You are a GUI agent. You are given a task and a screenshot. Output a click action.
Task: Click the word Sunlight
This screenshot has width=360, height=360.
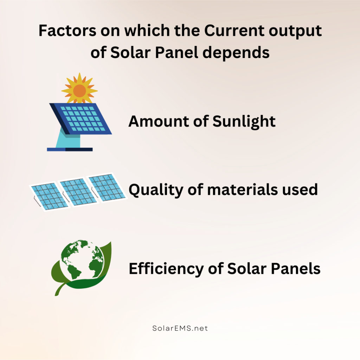[244, 122]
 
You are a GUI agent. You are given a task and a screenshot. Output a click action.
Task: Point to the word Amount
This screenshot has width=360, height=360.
[159, 121]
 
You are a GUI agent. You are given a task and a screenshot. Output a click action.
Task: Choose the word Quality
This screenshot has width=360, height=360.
[156, 190]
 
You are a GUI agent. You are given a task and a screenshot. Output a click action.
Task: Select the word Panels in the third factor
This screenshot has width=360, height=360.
[296, 268]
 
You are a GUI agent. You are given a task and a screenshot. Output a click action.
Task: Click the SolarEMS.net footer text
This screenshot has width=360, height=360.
[180, 328]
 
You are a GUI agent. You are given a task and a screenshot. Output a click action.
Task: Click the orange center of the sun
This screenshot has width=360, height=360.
[80, 91]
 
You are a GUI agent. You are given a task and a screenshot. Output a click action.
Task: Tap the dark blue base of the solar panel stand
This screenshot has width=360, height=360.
[70, 149]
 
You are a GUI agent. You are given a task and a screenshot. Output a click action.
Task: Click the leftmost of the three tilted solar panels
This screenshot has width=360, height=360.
[50, 197]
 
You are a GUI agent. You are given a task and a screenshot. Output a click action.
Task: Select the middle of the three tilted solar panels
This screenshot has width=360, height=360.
[78, 192]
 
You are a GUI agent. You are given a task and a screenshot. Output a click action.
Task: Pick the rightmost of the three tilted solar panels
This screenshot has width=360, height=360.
[107, 187]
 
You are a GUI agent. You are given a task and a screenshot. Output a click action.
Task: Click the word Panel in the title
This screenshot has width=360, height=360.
[176, 53]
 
